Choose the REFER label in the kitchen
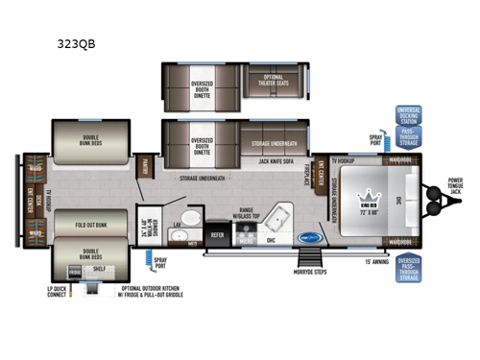tap(217, 232)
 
